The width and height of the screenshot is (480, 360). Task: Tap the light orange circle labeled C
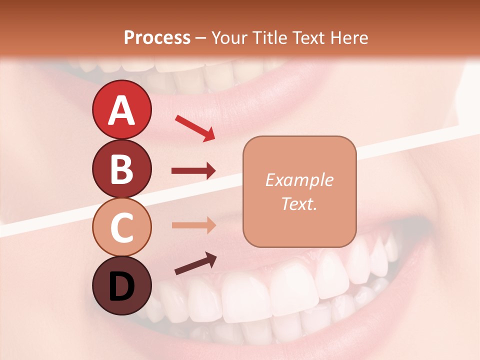[x=121, y=227]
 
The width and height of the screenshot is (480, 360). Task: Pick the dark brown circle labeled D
[x=121, y=285]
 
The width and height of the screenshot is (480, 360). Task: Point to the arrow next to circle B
[x=193, y=171]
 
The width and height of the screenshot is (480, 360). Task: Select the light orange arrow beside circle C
[x=193, y=225]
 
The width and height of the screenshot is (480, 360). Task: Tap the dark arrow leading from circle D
[x=195, y=263]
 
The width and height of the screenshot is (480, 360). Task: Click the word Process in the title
[x=157, y=37]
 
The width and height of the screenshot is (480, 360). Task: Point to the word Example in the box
[x=299, y=180]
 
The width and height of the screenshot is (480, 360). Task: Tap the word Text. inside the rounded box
[x=299, y=203]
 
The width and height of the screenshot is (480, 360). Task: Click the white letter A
[x=121, y=110]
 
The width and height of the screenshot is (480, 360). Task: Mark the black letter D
[x=121, y=286]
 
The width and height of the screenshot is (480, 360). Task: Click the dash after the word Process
[x=201, y=38]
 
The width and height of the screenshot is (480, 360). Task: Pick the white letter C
[x=121, y=227]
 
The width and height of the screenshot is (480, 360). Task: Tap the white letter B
[x=121, y=169]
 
